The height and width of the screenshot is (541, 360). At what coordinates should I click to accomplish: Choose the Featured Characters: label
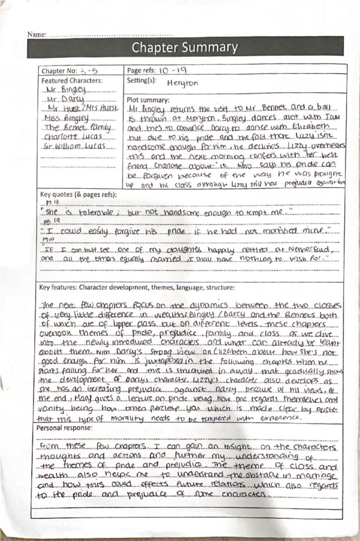(x=72, y=80)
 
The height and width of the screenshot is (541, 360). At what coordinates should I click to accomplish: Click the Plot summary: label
(x=148, y=100)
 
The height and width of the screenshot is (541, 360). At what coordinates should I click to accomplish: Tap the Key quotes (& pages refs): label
(x=78, y=194)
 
